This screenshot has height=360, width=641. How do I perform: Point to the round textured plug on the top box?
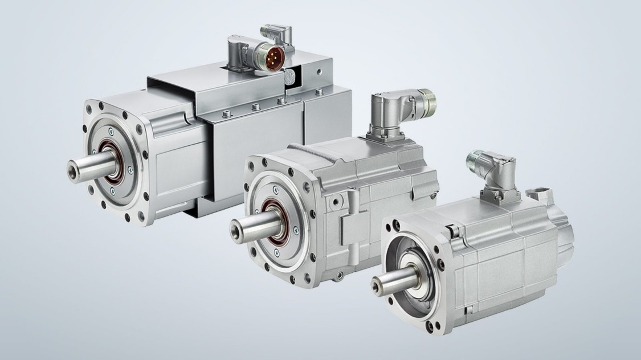pos(292,76)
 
